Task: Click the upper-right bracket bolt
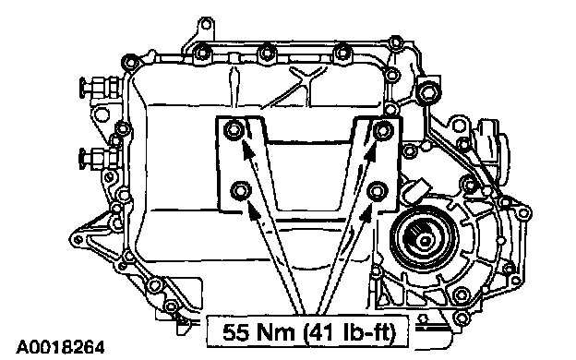[383, 130]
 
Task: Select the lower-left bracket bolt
[241, 191]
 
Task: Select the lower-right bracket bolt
[377, 191]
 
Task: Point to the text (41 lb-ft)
[350, 332]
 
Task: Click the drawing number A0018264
[61, 347]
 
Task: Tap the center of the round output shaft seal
[425, 241]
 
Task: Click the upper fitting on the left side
[98, 87]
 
